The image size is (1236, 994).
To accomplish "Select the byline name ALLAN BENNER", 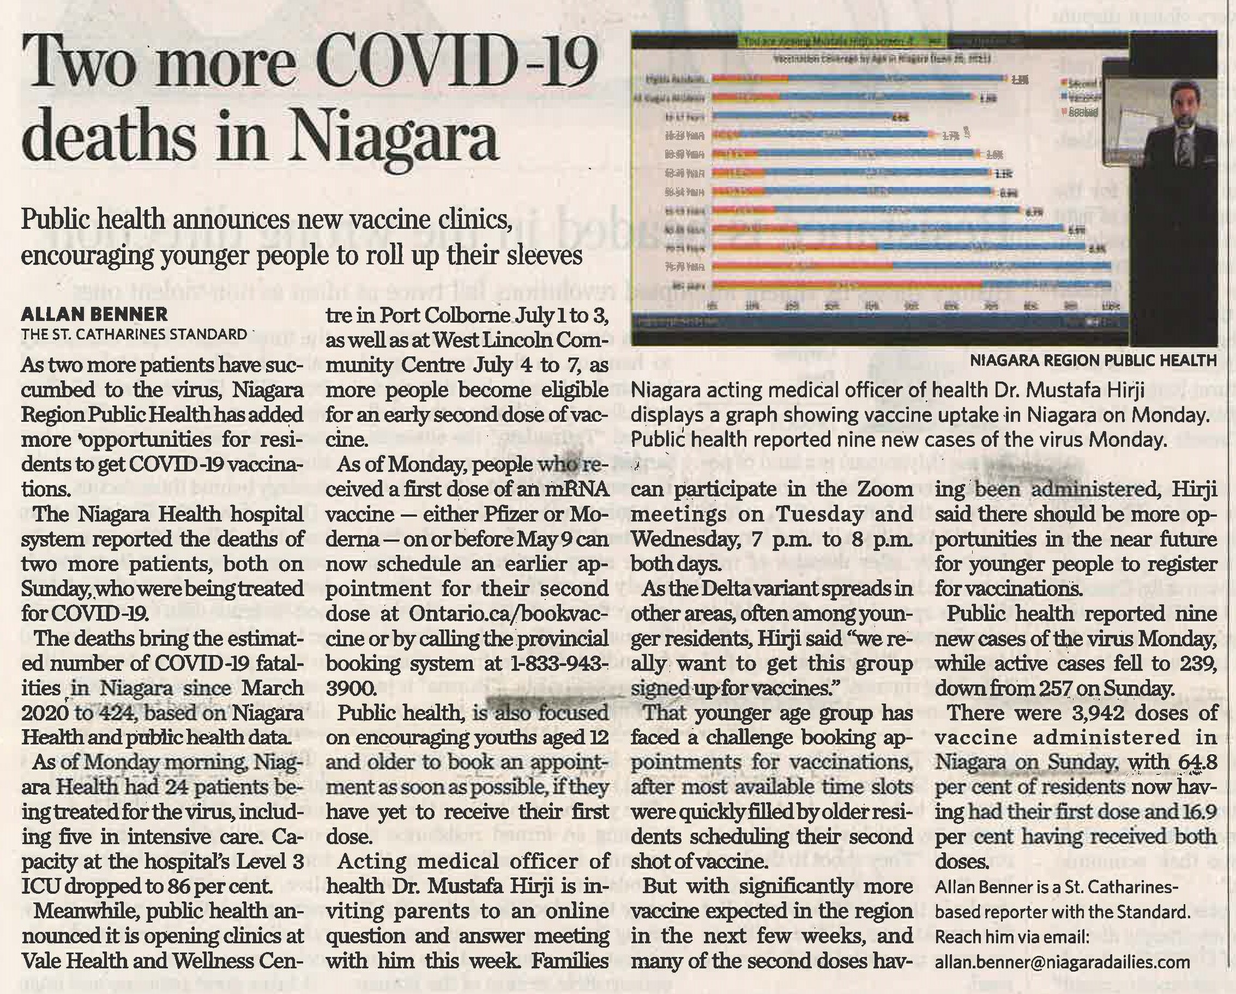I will click(x=94, y=314).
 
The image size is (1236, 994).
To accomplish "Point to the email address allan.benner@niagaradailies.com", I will click(x=1062, y=962).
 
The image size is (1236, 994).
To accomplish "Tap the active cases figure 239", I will click(x=1199, y=663).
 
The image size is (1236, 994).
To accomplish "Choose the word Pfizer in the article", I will click(x=510, y=514).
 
